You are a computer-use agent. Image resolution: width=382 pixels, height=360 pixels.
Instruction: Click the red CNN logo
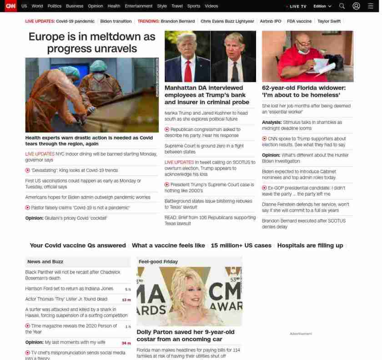[x=10, y=6]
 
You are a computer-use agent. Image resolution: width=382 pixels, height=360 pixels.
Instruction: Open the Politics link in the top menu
[x=54, y=6]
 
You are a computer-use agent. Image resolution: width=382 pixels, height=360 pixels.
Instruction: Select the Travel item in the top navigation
[x=177, y=6]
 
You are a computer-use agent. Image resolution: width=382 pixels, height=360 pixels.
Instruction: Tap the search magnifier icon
[x=342, y=6]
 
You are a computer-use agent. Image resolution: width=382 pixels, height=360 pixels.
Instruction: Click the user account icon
[x=356, y=6]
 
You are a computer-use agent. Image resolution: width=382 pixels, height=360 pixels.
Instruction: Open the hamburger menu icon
[x=371, y=6]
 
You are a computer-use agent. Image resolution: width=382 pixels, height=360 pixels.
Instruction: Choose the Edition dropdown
[x=322, y=6]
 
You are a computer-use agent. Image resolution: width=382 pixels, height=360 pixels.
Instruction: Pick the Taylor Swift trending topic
[x=329, y=21]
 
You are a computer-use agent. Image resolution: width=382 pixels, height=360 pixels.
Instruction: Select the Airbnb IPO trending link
[x=270, y=21]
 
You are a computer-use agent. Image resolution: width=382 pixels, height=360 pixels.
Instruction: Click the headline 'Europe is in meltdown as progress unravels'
[x=92, y=42]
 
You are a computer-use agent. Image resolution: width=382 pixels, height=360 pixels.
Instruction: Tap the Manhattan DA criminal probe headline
[x=207, y=95]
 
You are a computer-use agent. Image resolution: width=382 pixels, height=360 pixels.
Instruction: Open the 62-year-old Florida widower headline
[x=304, y=91]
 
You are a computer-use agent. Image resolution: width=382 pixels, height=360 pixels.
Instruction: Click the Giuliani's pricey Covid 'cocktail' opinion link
[x=66, y=218]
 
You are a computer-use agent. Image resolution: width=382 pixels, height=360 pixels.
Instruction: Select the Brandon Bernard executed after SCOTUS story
[x=304, y=223]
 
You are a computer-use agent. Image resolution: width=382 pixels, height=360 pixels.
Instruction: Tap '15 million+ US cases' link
[x=241, y=245]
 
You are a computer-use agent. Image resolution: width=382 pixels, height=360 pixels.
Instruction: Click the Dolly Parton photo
[x=189, y=296]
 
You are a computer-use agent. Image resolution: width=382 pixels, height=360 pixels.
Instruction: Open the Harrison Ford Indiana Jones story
[x=69, y=289]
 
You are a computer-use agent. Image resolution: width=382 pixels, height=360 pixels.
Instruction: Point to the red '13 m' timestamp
[x=126, y=300]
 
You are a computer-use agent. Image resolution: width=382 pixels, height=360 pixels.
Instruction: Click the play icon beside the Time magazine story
[x=28, y=326]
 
